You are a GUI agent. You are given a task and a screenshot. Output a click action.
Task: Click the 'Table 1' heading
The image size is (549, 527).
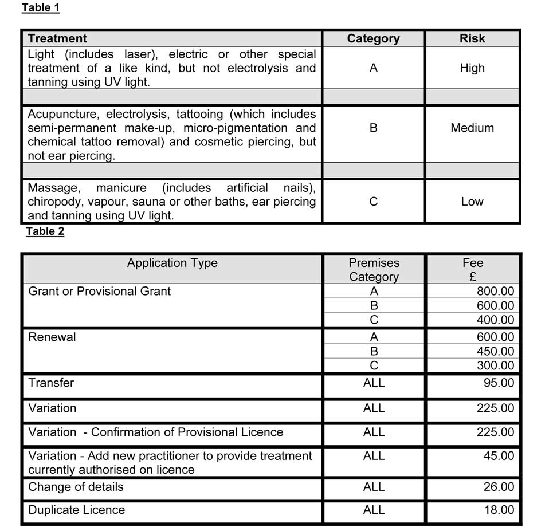pyautogui.click(x=40, y=8)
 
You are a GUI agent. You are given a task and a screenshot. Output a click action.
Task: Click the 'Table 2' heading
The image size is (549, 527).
pyautogui.click(x=45, y=231)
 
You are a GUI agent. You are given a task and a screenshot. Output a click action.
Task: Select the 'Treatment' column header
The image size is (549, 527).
pyautogui.click(x=57, y=38)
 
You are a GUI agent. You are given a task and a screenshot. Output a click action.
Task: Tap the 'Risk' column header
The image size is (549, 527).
pyautogui.click(x=472, y=38)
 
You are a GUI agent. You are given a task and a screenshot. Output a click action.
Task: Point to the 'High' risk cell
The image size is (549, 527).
pyautogui.click(x=472, y=68)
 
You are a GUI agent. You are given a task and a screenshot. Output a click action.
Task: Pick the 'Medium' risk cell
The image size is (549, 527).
pyautogui.click(x=472, y=128)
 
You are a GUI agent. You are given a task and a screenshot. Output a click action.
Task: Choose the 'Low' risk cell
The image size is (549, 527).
pyautogui.click(x=472, y=202)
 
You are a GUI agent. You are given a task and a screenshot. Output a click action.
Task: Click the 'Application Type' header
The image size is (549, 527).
pyautogui.click(x=172, y=263)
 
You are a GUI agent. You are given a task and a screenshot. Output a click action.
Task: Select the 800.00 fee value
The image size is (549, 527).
pyautogui.click(x=495, y=292)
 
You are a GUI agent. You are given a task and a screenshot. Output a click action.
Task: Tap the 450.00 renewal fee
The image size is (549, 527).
pyautogui.click(x=495, y=351)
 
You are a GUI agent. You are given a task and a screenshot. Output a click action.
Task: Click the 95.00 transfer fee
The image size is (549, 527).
pyautogui.click(x=499, y=383)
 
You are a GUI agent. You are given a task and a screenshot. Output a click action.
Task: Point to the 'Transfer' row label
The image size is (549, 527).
pyautogui.click(x=51, y=383)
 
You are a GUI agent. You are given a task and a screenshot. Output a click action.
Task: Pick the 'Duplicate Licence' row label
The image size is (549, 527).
pyautogui.click(x=76, y=510)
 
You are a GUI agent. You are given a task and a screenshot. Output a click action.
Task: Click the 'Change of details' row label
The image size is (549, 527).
pyautogui.click(x=76, y=487)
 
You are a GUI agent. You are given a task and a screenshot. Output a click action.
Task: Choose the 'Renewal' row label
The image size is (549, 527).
pyautogui.click(x=52, y=337)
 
